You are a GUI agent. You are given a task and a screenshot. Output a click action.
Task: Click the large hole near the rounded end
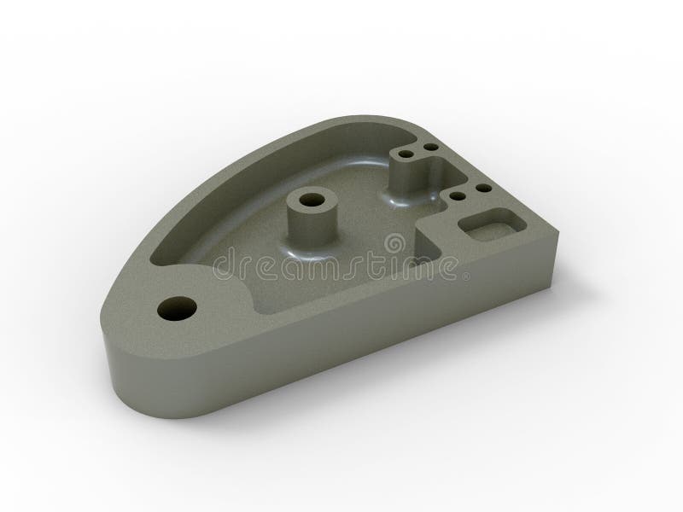pos(178,307)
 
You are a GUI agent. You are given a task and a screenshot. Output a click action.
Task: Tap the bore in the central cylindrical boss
pos(310,203)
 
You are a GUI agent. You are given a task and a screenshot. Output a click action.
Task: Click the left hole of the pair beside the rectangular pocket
pos(459,196)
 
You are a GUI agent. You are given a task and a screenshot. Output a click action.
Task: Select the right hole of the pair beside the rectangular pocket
pos(482,188)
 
